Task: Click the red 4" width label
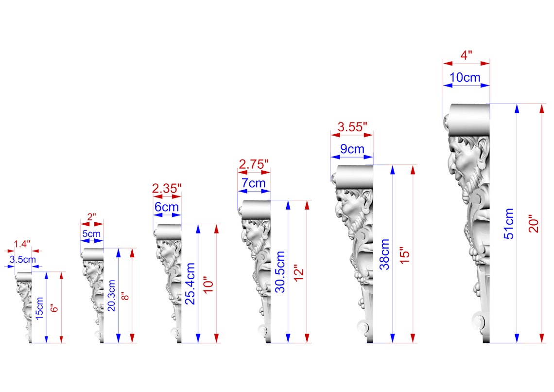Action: coord(467,55)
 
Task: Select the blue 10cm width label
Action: coord(465,77)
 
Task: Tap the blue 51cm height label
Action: coord(509,224)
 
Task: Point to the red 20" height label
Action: coord(534,223)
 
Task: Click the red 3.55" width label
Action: coord(352,126)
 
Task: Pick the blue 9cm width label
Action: coord(352,149)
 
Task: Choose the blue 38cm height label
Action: coord(384,254)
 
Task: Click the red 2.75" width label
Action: coord(254,164)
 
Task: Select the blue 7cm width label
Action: coord(254,183)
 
